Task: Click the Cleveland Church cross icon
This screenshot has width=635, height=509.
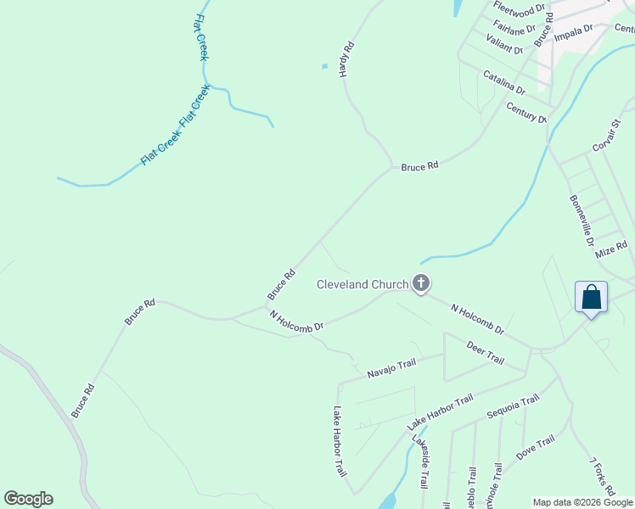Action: click(x=421, y=283)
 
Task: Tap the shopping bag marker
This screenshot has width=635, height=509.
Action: click(x=591, y=298)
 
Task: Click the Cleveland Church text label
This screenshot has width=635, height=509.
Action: click(x=362, y=284)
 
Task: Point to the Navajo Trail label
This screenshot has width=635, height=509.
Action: click(x=391, y=368)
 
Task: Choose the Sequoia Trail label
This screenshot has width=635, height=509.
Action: click(x=513, y=406)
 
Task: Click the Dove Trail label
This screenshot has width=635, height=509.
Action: click(x=535, y=447)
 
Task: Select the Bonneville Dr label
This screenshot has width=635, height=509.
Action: click(x=582, y=220)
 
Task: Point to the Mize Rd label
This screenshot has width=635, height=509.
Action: click(x=610, y=247)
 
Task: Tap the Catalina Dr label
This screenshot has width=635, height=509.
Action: click(x=504, y=82)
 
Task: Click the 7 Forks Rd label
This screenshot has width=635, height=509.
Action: click(x=601, y=478)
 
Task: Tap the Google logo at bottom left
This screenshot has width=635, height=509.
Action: click(x=28, y=499)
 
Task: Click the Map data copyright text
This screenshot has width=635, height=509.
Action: click(x=582, y=502)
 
